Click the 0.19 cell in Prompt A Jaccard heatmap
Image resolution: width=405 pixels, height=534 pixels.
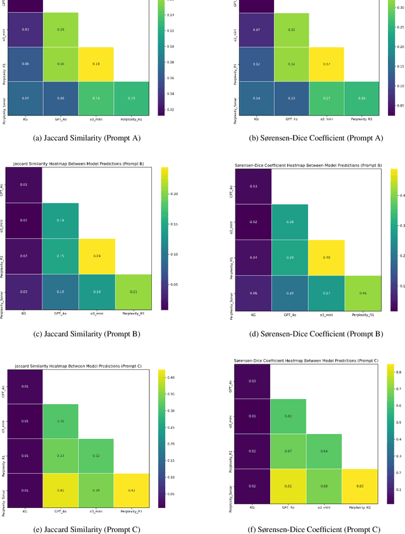96,64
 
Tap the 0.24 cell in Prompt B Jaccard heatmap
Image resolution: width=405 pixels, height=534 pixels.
96,257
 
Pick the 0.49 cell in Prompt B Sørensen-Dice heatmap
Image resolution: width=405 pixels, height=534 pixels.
326,257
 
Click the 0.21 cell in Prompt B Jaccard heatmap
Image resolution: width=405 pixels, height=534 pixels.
132,291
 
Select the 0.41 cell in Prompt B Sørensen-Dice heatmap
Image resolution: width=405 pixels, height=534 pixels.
362,293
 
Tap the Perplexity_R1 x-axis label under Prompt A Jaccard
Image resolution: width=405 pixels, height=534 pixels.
132,118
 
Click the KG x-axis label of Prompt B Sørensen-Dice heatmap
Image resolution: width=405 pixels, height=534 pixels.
253,314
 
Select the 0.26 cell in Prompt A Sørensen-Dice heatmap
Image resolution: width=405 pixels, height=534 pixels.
362,98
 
